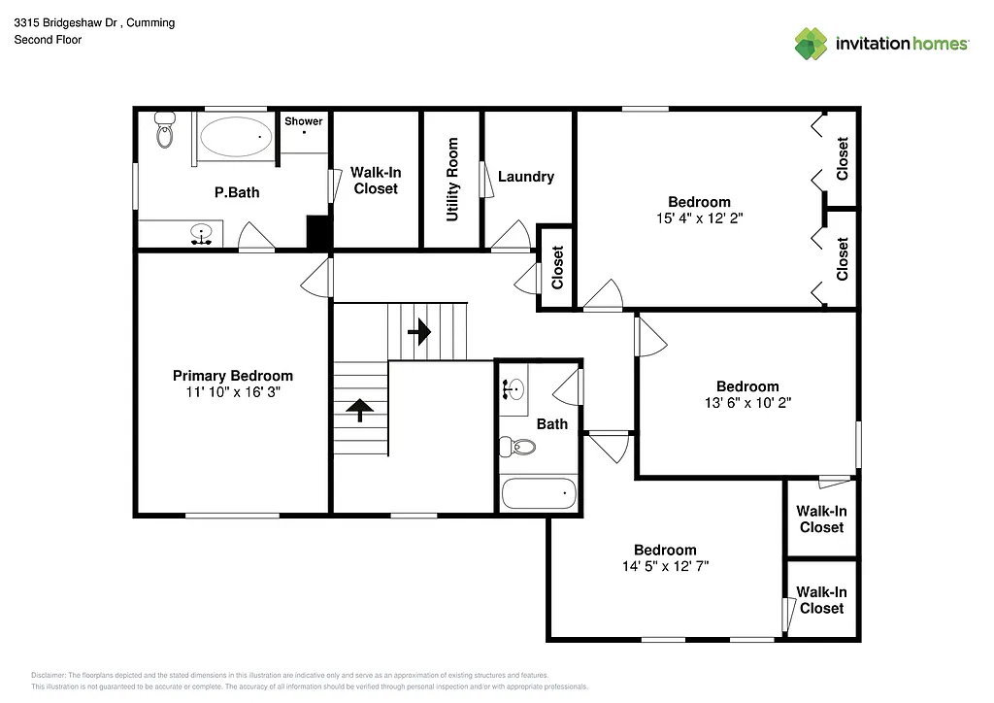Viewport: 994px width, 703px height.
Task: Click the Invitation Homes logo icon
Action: pyautogui.click(x=811, y=44)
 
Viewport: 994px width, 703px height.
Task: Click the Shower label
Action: pyautogui.click(x=304, y=121)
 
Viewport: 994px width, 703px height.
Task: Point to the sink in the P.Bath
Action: pyautogui.click(x=202, y=234)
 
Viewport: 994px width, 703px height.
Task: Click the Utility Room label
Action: pyautogui.click(x=452, y=180)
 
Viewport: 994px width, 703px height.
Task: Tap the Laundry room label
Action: pyautogui.click(x=526, y=177)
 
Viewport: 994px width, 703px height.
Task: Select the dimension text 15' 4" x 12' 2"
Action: pyautogui.click(x=699, y=218)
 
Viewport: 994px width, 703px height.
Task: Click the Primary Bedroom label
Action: pyautogui.click(x=233, y=376)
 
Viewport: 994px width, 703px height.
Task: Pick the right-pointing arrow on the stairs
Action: pyautogui.click(x=419, y=332)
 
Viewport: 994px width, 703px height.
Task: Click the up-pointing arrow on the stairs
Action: pyautogui.click(x=358, y=410)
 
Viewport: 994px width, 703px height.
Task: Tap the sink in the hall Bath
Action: pyautogui.click(x=514, y=389)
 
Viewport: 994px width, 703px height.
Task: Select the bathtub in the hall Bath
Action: pyautogui.click(x=539, y=494)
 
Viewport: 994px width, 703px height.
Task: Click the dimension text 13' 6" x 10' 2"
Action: pyautogui.click(x=747, y=402)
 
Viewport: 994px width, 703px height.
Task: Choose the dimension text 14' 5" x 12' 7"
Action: pyautogui.click(x=665, y=565)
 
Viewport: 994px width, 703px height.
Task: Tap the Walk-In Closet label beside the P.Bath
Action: pyautogui.click(x=376, y=181)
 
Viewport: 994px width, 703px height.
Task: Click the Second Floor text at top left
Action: pyautogui.click(x=48, y=40)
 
